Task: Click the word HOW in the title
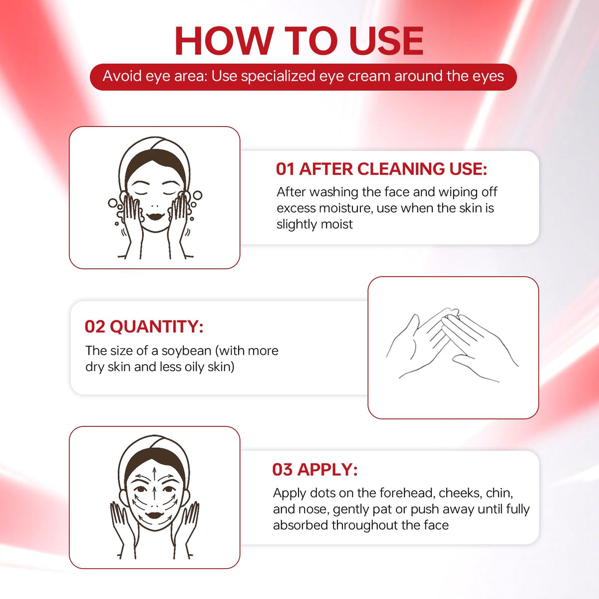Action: (225, 41)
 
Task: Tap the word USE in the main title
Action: (386, 41)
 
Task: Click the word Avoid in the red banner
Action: (122, 76)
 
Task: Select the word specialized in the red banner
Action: (278, 77)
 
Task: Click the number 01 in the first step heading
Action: (284, 169)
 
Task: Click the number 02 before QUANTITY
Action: (94, 326)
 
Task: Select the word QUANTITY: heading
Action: (157, 327)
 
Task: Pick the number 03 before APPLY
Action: (282, 470)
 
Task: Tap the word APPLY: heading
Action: (327, 470)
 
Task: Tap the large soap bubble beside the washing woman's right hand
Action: (197, 196)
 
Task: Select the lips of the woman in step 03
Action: (154, 516)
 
